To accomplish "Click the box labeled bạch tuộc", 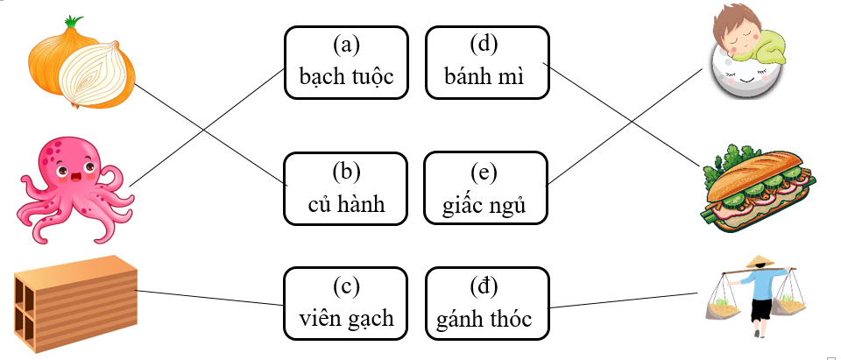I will pos(346,62).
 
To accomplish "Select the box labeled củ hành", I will pos(346,188).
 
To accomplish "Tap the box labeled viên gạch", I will pos(346,303).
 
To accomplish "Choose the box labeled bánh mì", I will pos(486,62).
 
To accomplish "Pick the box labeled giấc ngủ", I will pos(486,188).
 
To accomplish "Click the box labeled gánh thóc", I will pos(486,303).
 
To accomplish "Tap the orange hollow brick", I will pos(75,303).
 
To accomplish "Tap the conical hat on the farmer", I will pos(756,261).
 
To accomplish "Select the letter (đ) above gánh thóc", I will pos(486,285).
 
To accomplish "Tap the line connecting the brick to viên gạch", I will pos(210,298).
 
